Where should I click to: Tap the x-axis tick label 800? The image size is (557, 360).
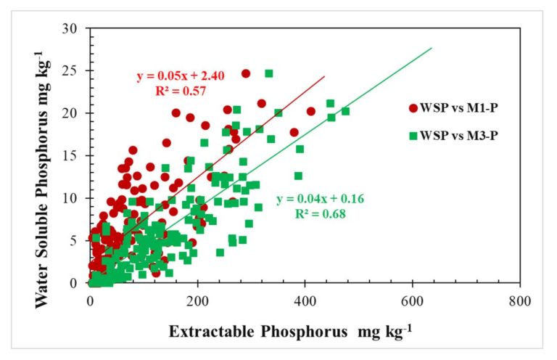tap(519, 298)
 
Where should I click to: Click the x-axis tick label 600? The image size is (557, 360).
tap(412, 298)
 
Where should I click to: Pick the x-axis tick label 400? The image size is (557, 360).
tap(305, 298)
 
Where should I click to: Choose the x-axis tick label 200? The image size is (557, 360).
tap(197, 298)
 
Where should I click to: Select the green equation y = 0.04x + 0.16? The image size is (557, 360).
tap(317, 200)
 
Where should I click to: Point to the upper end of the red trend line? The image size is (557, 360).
tap(324, 75)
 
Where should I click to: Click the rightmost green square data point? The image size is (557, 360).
tap(345, 111)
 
